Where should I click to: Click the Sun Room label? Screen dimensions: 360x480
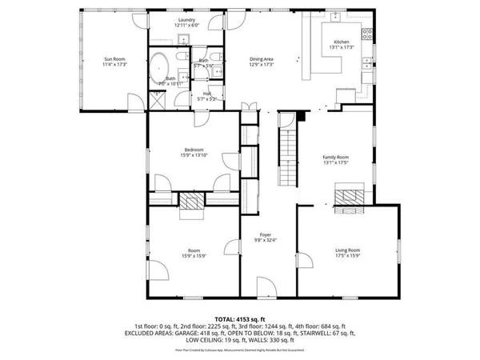115,58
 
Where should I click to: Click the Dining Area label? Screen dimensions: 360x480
262,58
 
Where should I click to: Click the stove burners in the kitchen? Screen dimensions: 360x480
367,34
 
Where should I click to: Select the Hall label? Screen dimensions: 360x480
206,94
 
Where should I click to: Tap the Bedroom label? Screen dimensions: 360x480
193,150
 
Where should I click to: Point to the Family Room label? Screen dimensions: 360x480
335,158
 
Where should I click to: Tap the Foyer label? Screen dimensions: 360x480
266,234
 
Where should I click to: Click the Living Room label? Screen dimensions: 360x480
347,250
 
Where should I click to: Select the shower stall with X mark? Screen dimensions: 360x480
157,101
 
